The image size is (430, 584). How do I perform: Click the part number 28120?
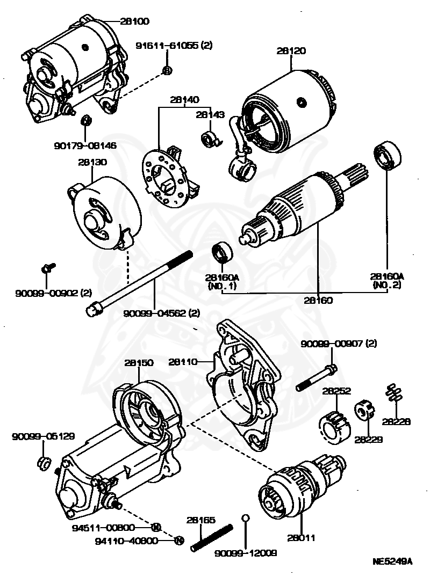[x=291, y=52]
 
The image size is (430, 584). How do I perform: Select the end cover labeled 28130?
[x=105, y=215]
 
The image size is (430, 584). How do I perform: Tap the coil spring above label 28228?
[x=395, y=394]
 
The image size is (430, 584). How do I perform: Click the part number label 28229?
[x=368, y=438]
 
